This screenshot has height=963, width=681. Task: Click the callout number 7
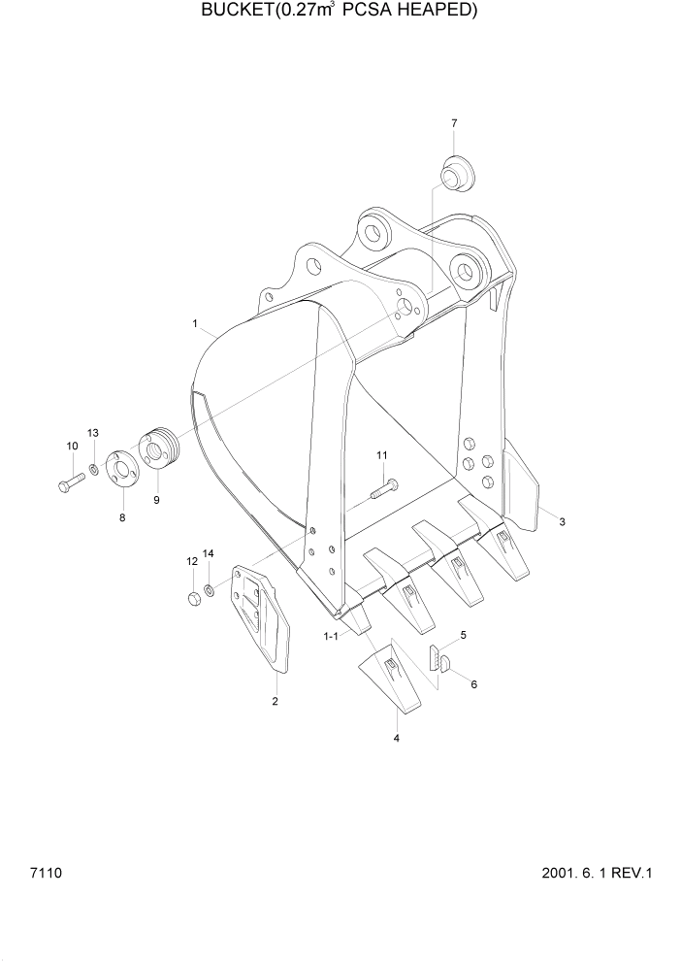point(453,123)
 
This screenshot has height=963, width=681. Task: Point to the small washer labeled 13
point(93,471)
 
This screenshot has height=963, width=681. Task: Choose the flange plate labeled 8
point(119,469)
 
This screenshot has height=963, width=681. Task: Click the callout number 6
point(473,684)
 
